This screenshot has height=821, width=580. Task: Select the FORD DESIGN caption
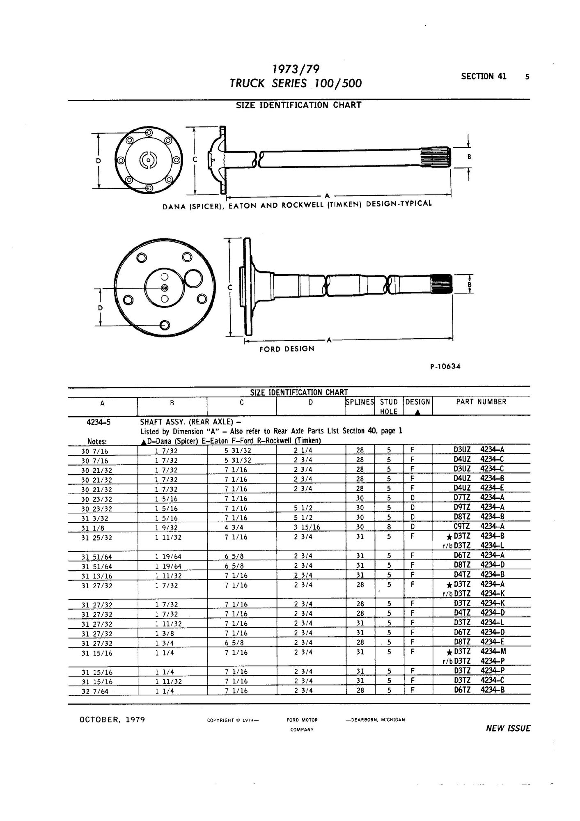tap(287, 349)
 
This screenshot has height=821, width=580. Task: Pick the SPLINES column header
tap(360, 402)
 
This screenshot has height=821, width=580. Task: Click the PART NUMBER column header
tap(481, 402)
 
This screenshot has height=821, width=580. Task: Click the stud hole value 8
tap(389, 527)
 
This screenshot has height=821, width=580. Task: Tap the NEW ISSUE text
tap(508, 729)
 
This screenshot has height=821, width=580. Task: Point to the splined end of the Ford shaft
tap(441, 284)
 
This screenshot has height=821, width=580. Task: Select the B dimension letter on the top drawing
tap(469, 157)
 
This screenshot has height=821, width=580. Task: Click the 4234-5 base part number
tap(97, 421)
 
